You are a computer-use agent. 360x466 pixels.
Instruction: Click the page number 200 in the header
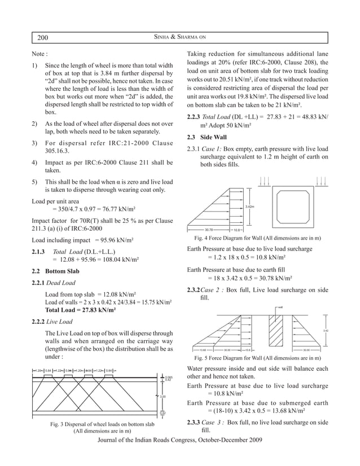[x=43, y=38]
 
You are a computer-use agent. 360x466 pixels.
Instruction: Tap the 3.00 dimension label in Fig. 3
[x=163, y=397]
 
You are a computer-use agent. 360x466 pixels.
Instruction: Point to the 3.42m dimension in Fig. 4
[x=250, y=206]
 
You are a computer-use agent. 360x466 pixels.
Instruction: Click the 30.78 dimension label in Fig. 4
[x=208, y=230]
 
